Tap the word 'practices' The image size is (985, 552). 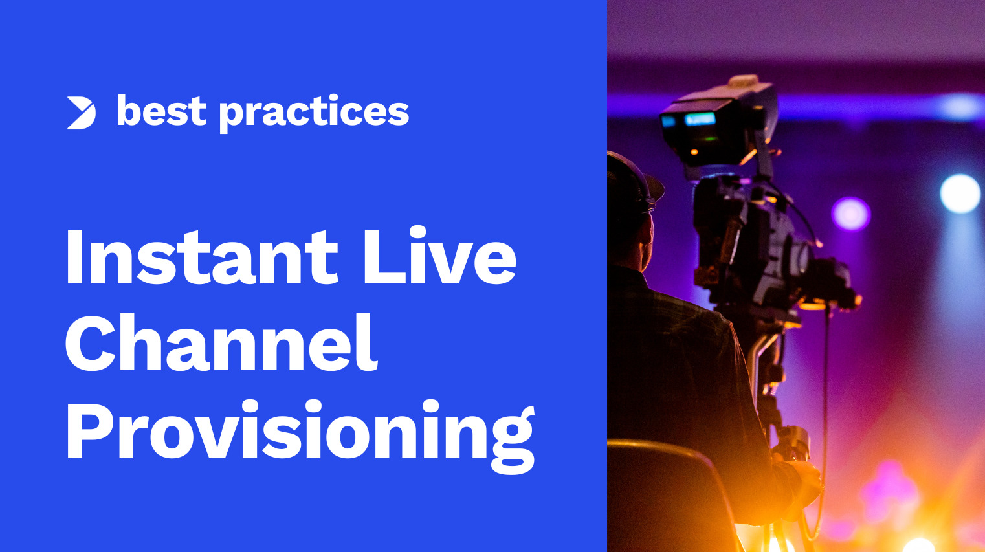(x=314, y=113)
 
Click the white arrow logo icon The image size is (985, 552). (x=82, y=113)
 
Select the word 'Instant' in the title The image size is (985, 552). (x=201, y=256)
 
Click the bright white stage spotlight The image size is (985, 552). (x=960, y=193)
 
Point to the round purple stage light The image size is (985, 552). (x=850, y=214)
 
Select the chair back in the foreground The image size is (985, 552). (x=667, y=492)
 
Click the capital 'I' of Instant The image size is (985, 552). (x=74, y=256)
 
